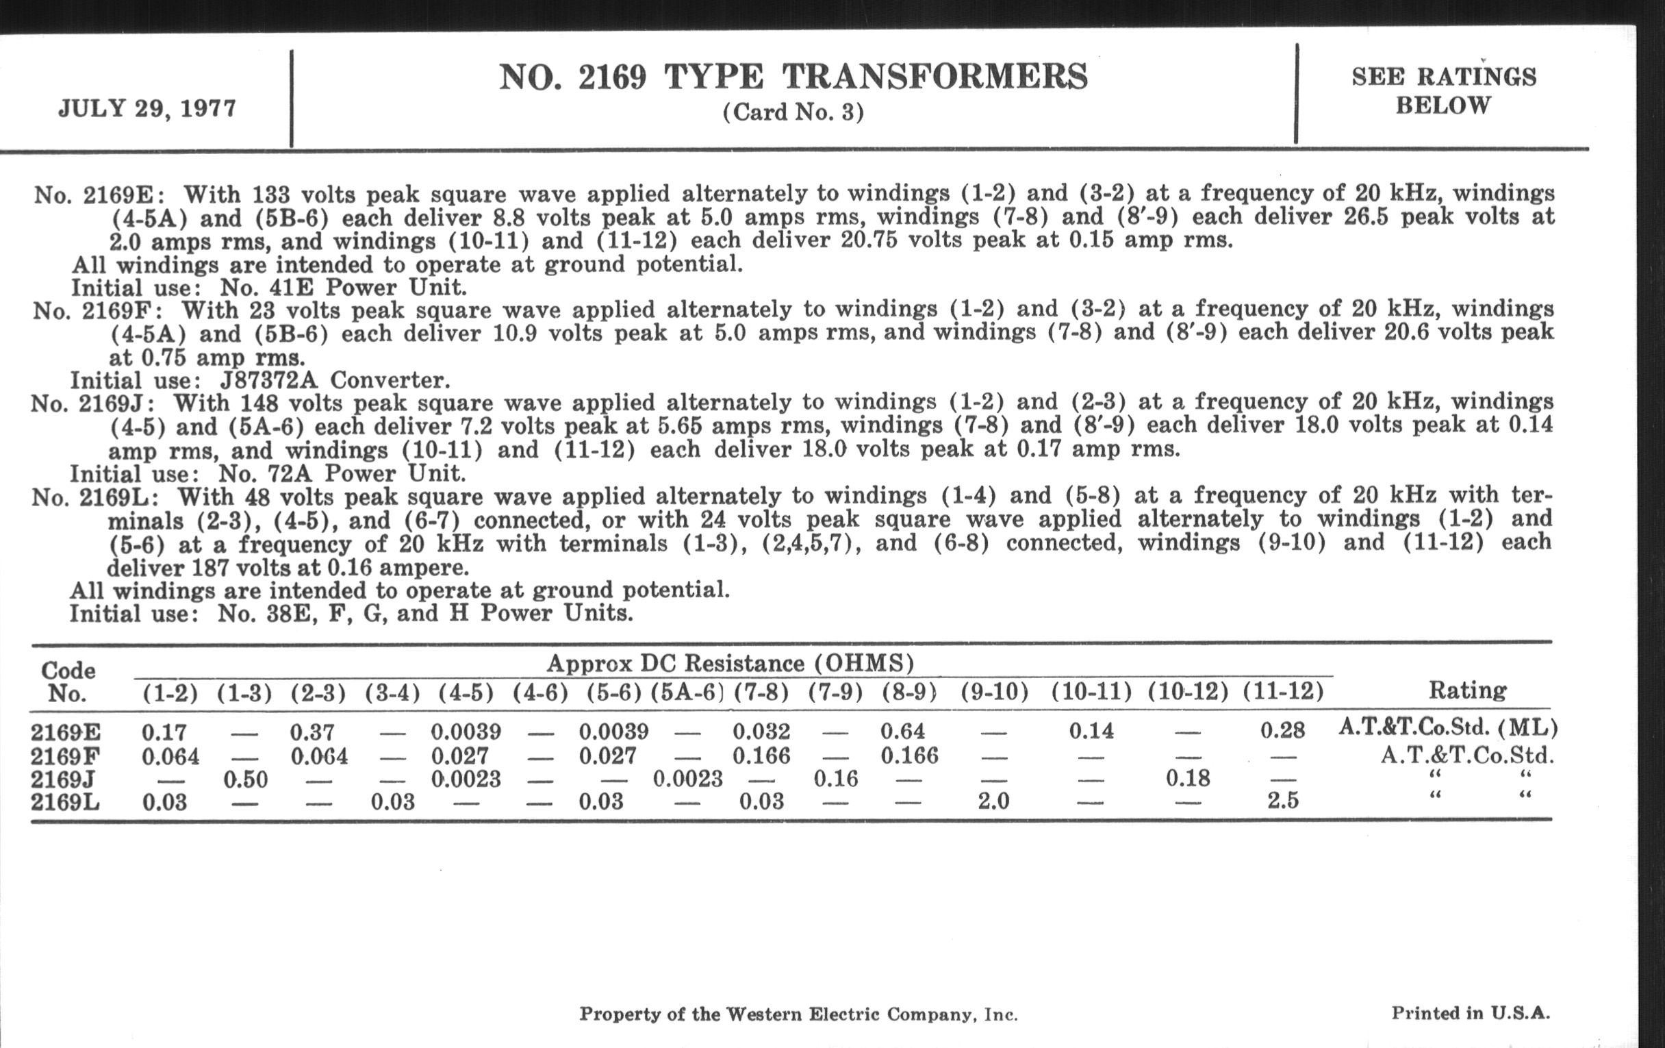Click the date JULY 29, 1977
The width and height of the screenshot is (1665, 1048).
pos(147,109)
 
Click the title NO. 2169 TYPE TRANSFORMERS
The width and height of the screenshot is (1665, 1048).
pos(793,77)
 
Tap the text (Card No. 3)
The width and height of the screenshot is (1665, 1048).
pos(793,112)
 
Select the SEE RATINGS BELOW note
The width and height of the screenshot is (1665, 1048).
pos(1444,90)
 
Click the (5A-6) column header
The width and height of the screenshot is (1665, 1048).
pos(687,692)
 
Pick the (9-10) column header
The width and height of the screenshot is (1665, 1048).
pos(994,692)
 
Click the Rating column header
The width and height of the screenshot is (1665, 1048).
pos(1467,690)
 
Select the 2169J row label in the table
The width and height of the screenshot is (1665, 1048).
pos(63,779)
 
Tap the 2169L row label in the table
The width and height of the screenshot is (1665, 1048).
pos(65,802)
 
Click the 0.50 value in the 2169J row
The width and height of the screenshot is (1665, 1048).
pos(246,779)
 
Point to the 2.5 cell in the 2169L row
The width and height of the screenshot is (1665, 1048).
pos(1283,801)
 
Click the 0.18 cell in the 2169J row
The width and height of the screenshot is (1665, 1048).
pos(1188,778)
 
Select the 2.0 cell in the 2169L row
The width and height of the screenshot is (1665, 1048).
pos(993,801)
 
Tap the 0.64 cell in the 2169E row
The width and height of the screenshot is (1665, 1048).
pos(903,731)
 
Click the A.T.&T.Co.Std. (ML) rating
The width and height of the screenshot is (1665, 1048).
pos(1448,727)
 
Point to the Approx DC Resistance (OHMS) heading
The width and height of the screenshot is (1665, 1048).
pos(730,663)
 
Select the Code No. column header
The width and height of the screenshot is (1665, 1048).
pos(67,682)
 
